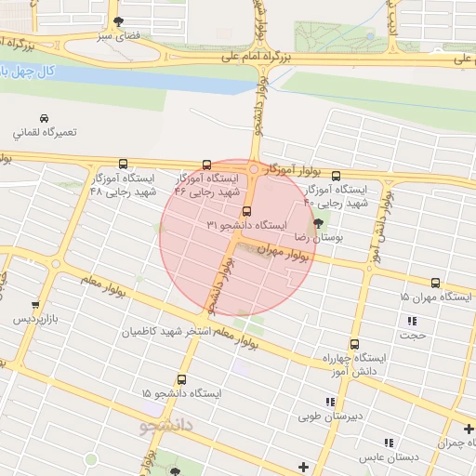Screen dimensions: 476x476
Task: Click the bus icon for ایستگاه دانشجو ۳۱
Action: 245,211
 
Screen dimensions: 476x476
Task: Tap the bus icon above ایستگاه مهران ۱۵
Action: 435,283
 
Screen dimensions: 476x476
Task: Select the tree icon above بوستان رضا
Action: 320,223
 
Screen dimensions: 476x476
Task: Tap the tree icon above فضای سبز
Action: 117,21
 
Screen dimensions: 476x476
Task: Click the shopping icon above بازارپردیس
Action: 35,304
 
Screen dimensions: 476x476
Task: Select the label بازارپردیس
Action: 35,319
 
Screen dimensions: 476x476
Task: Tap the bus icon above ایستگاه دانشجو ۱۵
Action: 181,379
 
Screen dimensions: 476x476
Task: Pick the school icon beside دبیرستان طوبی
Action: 329,402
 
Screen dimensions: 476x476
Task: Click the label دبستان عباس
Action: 390,457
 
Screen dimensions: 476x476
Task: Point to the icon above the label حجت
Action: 410,321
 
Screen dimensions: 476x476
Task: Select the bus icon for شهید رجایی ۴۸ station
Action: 124,164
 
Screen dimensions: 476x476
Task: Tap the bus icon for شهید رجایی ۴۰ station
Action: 336,175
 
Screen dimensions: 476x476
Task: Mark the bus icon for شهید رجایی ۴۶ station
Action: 206,165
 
